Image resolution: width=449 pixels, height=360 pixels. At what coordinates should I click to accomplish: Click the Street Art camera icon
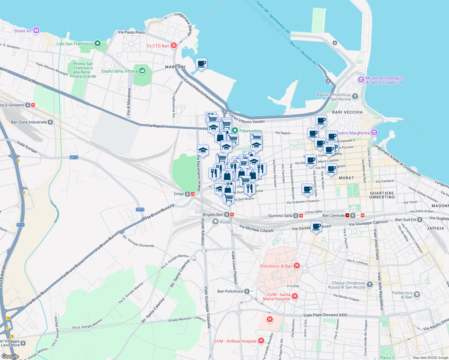(36, 30)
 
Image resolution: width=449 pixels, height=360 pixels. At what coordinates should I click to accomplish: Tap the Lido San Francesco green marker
(97, 43)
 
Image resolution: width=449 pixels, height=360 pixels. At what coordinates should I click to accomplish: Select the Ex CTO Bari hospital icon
(173, 46)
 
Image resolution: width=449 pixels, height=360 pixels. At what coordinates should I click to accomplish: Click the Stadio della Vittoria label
(119, 71)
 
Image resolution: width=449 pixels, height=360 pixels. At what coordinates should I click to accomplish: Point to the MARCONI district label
(175, 67)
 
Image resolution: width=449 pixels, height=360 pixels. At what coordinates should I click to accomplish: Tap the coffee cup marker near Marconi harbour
(201, 64)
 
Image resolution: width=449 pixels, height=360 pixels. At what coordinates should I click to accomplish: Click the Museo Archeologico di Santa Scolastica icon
(361, 80)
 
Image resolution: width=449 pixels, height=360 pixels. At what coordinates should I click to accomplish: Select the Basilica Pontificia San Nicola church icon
(355, 96)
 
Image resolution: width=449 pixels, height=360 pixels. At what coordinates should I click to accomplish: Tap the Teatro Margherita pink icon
(374, 132)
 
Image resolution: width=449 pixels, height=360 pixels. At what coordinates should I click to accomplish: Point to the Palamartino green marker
(235, 130)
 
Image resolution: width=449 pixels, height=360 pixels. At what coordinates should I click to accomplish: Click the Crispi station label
(179, 194)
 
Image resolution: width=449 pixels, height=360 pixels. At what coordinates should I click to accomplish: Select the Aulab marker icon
(215, 222)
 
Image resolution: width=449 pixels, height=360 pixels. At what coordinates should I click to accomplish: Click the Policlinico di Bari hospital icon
(297, 265)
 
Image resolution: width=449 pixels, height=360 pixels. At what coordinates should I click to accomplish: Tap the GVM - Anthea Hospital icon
(261, 340)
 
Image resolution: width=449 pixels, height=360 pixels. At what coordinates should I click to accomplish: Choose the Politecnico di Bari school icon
(417, 295)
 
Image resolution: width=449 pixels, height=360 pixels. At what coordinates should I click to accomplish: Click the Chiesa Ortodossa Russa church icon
(370, 285)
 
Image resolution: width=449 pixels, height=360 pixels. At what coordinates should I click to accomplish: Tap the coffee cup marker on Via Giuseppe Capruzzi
(316, 227)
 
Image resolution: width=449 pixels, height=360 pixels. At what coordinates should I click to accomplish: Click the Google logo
(10, 356)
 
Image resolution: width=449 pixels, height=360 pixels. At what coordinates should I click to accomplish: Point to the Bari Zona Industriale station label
(29, 122)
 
